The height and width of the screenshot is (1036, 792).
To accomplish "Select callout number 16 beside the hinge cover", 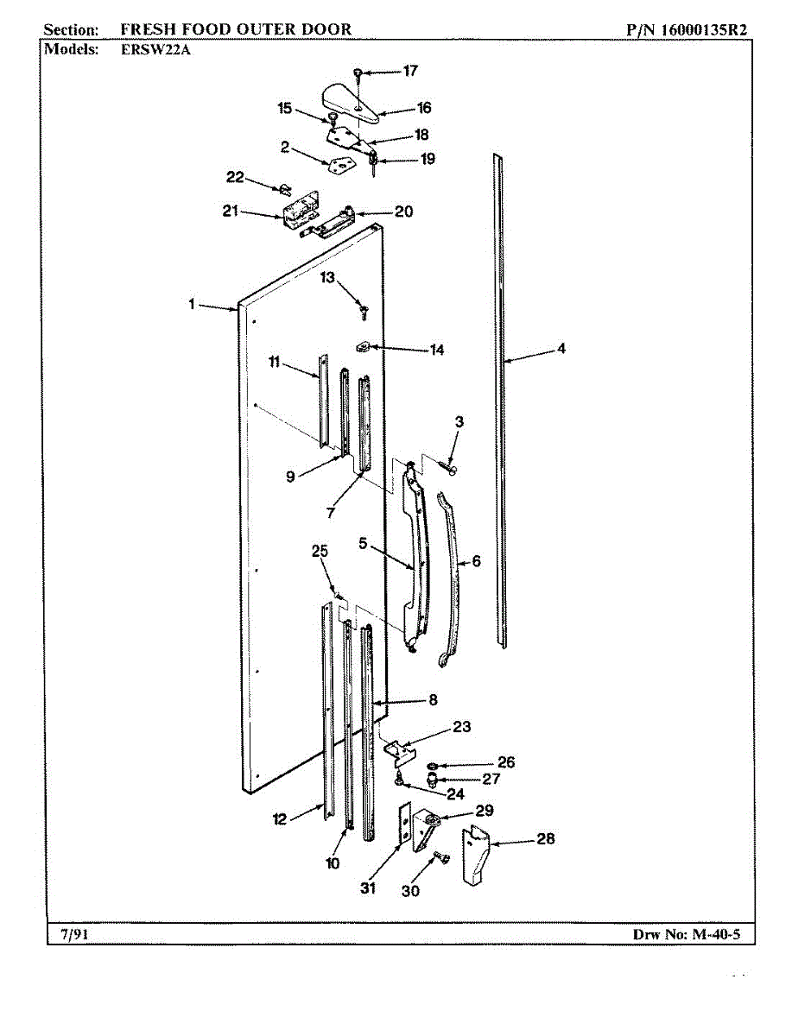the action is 423,108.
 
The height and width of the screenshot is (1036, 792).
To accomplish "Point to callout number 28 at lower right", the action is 546,838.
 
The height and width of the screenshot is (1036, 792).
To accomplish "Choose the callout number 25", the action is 320,550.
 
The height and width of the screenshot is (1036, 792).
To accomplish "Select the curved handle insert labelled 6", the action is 451,578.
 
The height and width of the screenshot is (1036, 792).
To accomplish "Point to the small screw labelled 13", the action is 364,306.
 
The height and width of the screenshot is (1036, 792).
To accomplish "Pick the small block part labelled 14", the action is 363,347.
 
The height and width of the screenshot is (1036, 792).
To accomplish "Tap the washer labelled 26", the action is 432,765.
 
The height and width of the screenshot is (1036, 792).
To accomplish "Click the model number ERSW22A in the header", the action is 155,49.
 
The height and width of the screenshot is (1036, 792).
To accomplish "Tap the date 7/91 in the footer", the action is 73,934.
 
